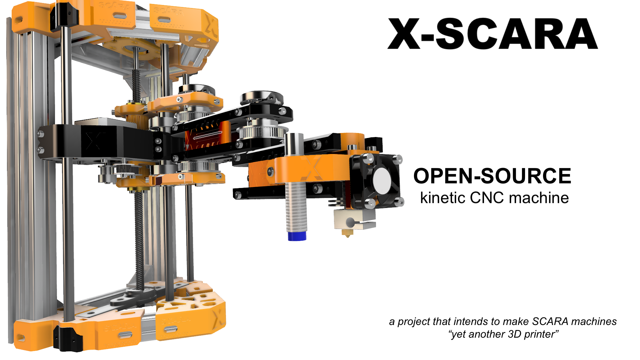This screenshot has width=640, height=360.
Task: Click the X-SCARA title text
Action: pos(493,34)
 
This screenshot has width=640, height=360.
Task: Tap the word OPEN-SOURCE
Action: pos(492,176)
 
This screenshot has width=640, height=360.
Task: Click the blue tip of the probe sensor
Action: pos(297,236)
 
